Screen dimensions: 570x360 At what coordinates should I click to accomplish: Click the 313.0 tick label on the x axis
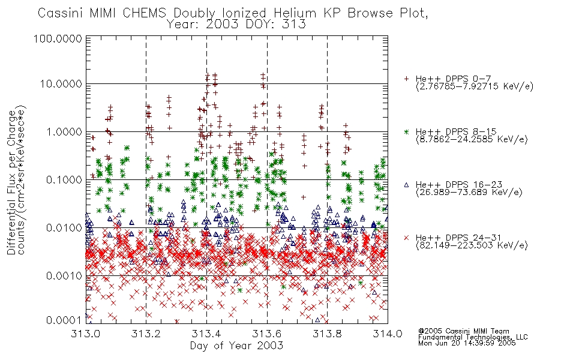[x=85, y=334]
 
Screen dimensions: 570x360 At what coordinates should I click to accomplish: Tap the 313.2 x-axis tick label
[x=146, y=334]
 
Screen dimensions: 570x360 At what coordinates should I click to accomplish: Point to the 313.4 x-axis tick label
[x=206, y=334]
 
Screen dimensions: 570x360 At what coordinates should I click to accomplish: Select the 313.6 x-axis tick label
[x=267, y=334]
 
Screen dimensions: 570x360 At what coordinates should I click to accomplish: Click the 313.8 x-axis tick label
[x=327, y=334]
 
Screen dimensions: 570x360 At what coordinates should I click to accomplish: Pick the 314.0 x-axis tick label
[x=388, y=334]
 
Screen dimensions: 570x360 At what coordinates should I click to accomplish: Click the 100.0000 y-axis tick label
[x=58, y=38]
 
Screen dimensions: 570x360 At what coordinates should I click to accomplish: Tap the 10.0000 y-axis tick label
[x=61, y=84]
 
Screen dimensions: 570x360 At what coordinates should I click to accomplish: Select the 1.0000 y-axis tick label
[x=64, y=132]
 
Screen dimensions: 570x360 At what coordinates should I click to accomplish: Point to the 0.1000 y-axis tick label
[x=64, y=180]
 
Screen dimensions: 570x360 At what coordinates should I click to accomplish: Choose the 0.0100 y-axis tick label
[x=64, y=228]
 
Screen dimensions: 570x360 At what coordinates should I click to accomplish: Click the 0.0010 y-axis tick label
[x=64, y=276]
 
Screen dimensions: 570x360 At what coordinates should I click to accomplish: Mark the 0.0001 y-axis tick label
[x=64, y=320]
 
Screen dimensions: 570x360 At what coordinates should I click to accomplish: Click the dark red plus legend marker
[x=406, y=79]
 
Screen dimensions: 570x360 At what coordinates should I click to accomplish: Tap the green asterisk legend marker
[x=406, y=131]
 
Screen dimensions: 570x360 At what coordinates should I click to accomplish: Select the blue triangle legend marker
[x=406, y=185]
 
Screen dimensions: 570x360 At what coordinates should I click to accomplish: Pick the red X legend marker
[x=406, y=238]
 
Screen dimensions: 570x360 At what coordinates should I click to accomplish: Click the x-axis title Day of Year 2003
[x=236, y=346]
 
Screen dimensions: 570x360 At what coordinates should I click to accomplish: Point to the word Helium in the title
[x=295, y=13]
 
